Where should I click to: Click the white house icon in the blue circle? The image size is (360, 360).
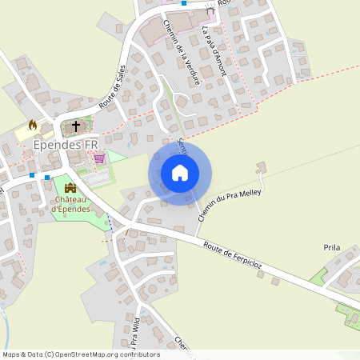[x=180, y=172]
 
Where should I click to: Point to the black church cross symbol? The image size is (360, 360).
[x=77, y=126]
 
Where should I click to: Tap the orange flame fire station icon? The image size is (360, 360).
[x=33, y=126]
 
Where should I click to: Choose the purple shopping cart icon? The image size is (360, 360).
[x=99, y=158]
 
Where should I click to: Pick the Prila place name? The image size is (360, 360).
[x=332, y=248]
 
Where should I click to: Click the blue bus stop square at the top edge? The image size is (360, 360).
[x=184, y=3]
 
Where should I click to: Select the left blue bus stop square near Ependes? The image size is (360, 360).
[x=32, y=174]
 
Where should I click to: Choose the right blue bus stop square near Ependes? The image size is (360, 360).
[x=47, y=177]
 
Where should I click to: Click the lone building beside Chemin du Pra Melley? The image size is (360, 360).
[x=260, y=167]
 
